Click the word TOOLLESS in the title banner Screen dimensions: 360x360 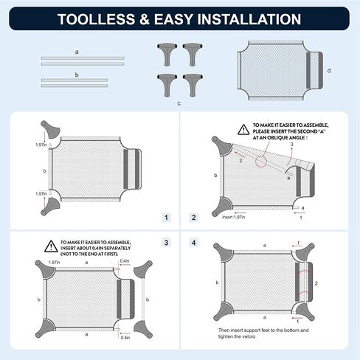tap(96, 19)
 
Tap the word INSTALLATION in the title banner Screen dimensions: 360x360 tap(249, 19)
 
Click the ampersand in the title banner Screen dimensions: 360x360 tap(145, 19)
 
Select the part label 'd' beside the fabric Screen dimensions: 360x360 tap(329, 71)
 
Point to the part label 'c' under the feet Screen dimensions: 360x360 tap(179, 103)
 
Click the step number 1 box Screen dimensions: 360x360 tap(166, 218)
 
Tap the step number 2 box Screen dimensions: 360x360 tap(194, 218)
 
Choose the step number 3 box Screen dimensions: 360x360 tap(166, 243)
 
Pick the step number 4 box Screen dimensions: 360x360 tap(194, 243)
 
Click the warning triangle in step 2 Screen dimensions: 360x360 tap(243, 130)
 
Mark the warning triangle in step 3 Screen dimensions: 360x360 tap(51, 246)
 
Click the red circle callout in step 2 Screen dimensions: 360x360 tap(261, 162)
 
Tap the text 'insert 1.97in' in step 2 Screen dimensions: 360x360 tap(233, 217)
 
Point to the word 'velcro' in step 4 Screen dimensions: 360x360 tap(249, 336)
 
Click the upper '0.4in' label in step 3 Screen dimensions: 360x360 tap(125, 260)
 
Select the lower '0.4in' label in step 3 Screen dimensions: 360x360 tap(125, 338)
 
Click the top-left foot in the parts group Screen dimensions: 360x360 tap(167, 55)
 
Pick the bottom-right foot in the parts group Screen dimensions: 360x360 tap(193, 85)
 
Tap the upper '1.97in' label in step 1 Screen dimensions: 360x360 tap(41, 145)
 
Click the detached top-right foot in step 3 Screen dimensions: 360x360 tap(143, 269)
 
